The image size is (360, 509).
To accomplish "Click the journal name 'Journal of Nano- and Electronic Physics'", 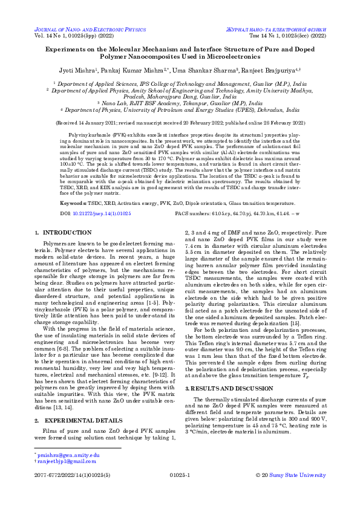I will pos(90,29).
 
